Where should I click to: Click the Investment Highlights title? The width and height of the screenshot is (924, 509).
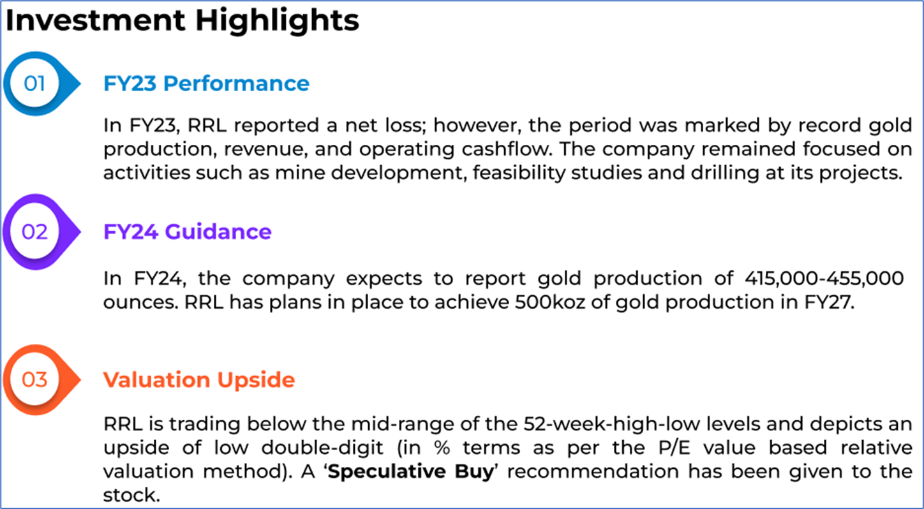click(x=183, y=20)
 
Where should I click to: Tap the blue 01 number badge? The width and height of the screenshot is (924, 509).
click(x=41, y=84)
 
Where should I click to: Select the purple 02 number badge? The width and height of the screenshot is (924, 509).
click(x=41, y=232)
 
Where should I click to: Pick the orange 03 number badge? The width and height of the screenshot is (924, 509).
click(x=41, y=380)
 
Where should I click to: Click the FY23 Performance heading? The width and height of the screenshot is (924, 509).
click(x=206, y=84)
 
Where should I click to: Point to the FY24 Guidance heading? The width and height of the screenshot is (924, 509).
click(x=188, y=232)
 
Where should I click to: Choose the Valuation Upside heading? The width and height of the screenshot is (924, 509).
click(x=199, y=380)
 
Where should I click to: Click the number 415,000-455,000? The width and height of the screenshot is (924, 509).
click(x=824, y=279)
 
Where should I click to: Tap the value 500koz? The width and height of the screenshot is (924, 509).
click(x=550, y=302)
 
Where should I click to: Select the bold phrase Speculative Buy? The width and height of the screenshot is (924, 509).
click(x=411, y=472)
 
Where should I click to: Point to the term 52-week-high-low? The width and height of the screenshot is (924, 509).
click(x=612, y=424)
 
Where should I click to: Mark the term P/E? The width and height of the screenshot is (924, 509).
click(x=674, y=448)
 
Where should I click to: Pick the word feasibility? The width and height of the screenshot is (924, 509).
click(x=519, y=173)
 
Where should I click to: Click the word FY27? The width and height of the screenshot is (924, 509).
click(x=829, y=302)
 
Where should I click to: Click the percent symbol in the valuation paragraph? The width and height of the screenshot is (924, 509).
click(x=442, y=448)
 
